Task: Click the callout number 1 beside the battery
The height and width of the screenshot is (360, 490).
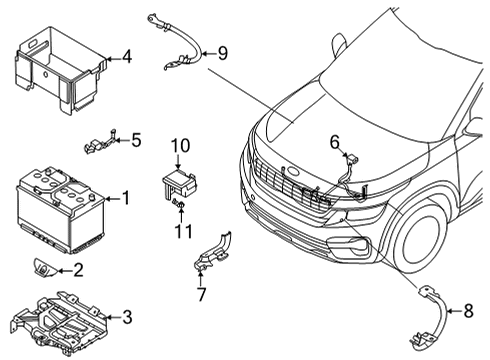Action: (x=125, y=198)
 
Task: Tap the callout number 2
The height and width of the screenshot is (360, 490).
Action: (x=79, y=270)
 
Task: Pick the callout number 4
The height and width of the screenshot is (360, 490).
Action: (x=126, y=56)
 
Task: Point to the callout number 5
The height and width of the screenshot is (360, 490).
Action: (x=136, y=140)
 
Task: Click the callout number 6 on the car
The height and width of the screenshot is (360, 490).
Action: (x=336, y=141)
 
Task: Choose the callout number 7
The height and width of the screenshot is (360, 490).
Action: (x=201, y=296)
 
